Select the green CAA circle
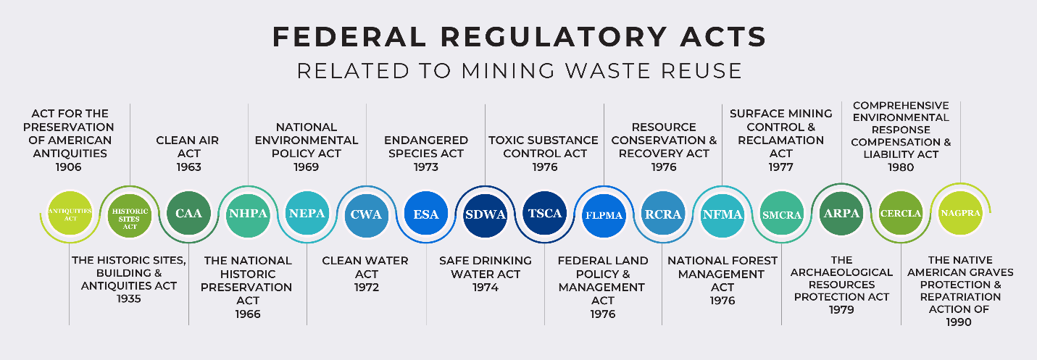(188, 214)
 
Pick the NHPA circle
(248, 214)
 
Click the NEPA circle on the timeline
(307, 214)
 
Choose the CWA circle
(366, 214)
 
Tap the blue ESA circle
(425, 214)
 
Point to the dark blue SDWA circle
(485, 214)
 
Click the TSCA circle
(544, 214)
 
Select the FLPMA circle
(604, 214)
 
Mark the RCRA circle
(663, 214)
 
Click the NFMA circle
(722, 214)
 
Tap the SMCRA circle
(781, 214)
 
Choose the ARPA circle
(841, 214)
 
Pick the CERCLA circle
(900, 214)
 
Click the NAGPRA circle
(959, 213)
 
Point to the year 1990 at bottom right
(958, 322)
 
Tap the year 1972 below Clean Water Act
(365, 288)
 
